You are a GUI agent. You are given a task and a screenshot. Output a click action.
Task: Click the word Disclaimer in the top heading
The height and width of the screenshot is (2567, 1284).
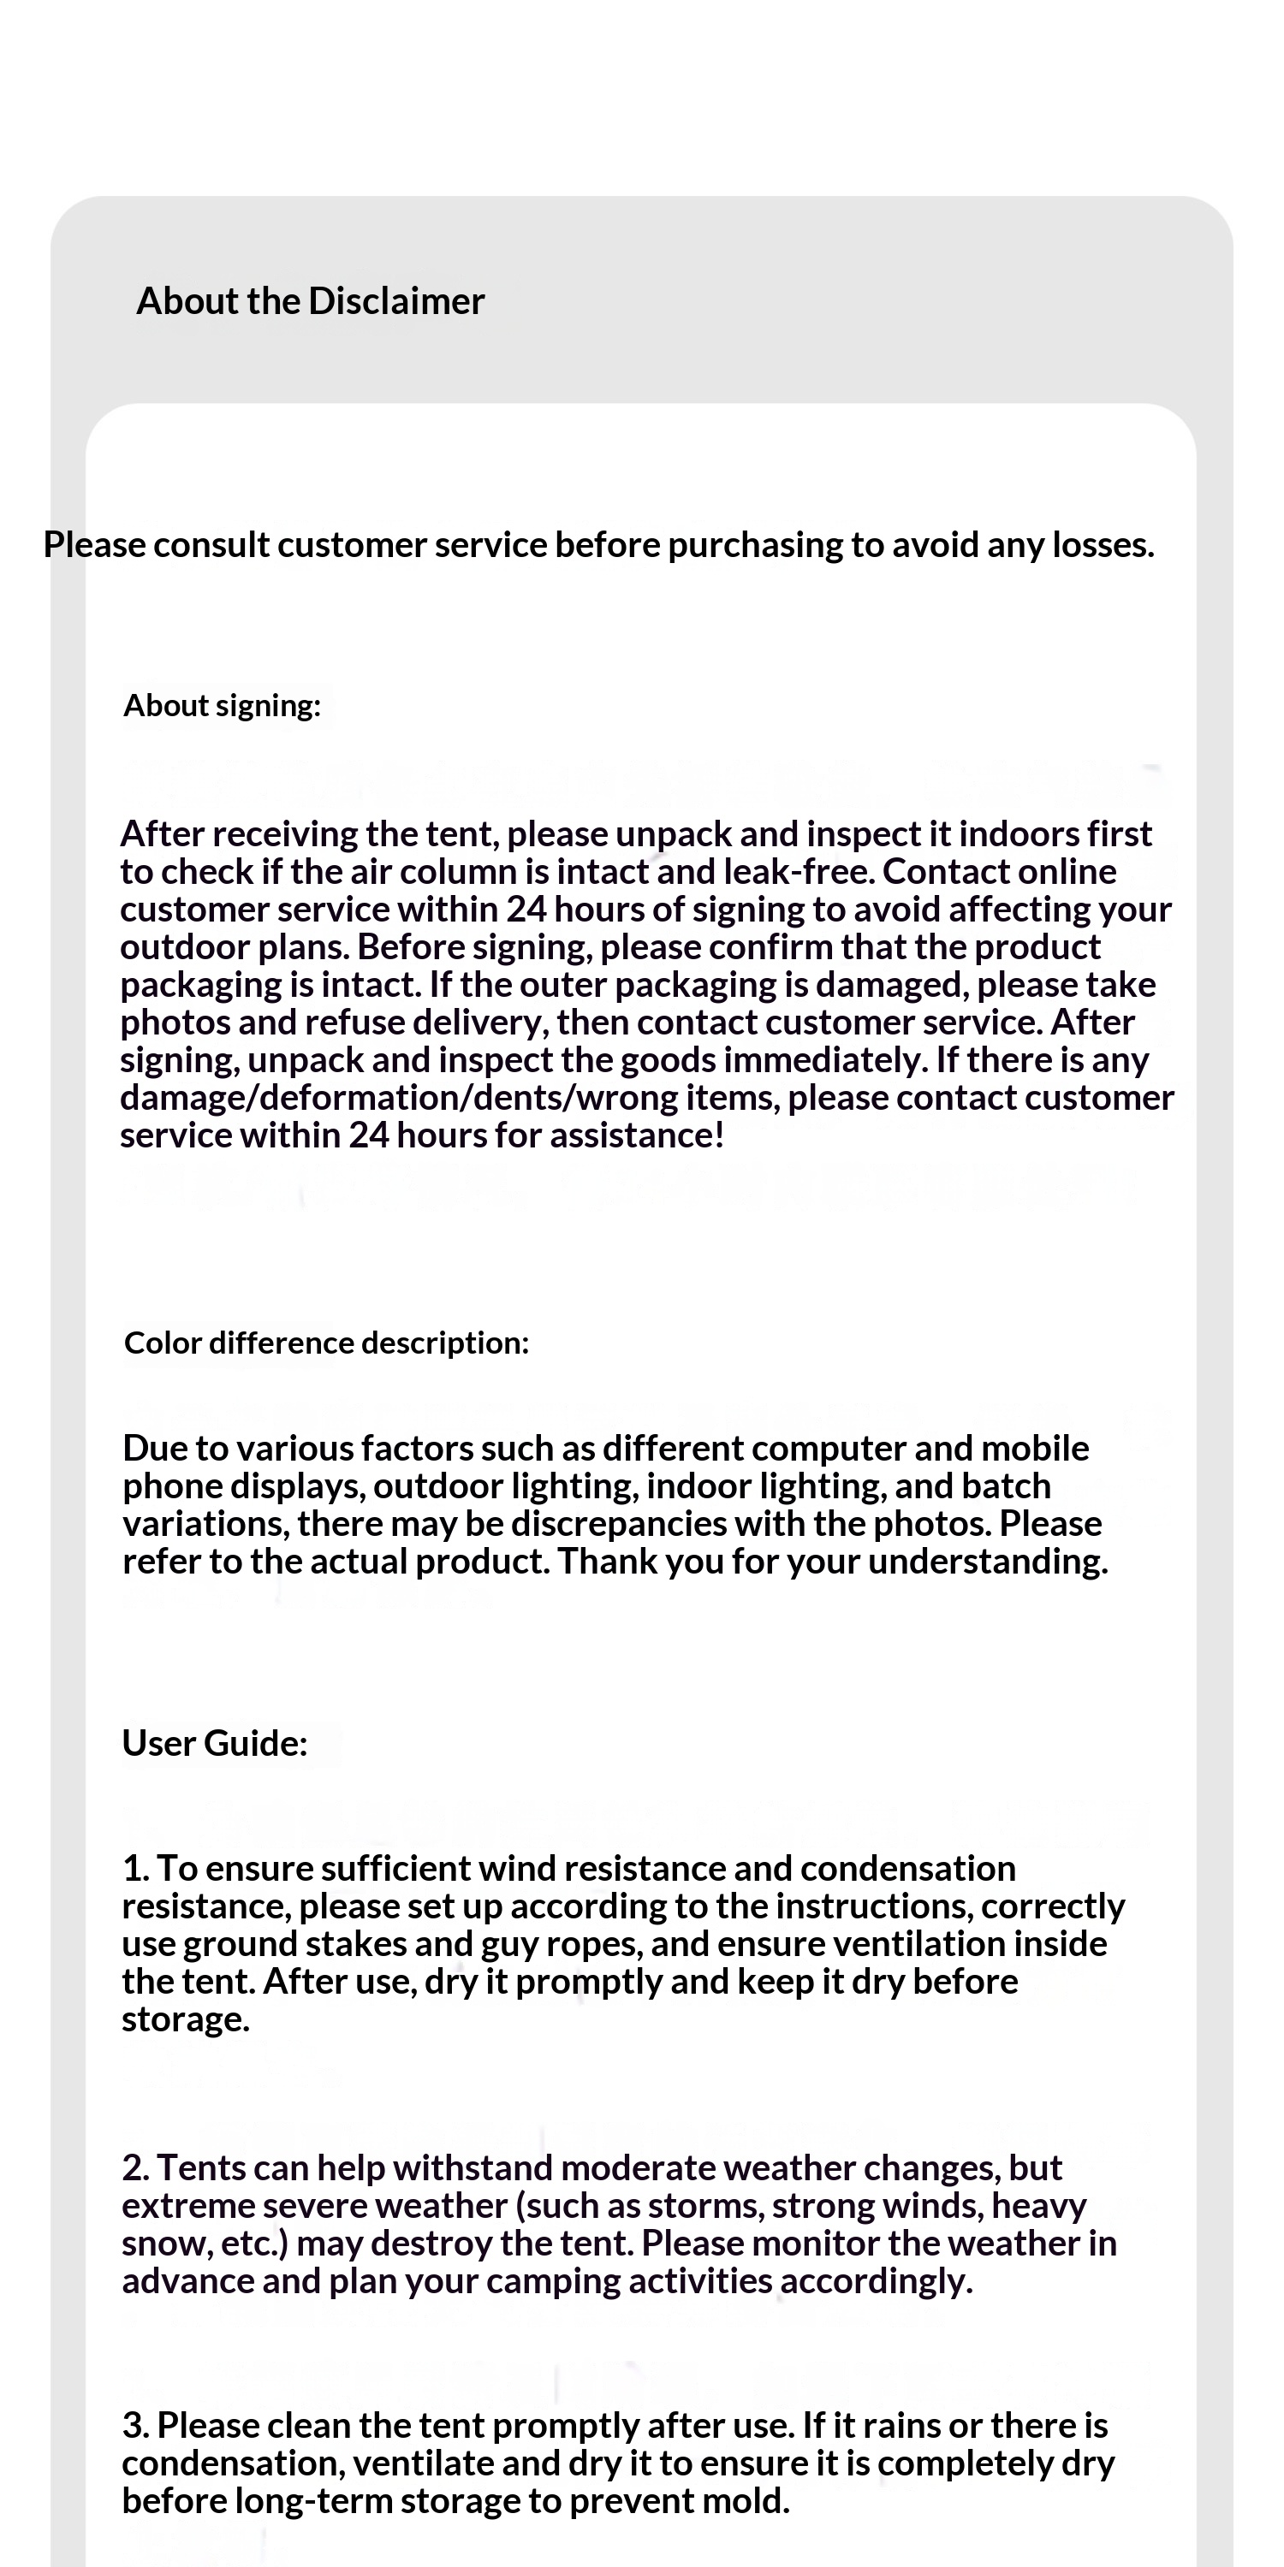pyautogui.click(x=397, y=301)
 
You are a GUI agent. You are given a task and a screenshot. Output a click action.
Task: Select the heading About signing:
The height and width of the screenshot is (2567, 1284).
pyautogui.click(x=223, y=706)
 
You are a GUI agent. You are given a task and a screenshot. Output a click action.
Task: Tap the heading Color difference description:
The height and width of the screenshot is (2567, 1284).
pyautogui.click(x=326, y=1343)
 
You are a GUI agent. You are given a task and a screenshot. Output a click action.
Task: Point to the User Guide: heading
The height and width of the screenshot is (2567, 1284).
pyautogui.click(x=214, y=1743)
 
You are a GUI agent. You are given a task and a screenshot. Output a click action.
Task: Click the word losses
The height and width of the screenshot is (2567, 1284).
pyautogui.click(x=1103, y=545)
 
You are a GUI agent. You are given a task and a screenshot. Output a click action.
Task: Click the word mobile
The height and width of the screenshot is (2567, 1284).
pyautogui.click(x=1035, y=1448)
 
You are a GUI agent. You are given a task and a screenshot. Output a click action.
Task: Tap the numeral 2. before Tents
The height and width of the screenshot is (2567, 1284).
pyautogui.click(x=137, y=2168)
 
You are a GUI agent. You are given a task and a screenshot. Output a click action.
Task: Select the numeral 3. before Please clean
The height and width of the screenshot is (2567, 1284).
pyautogui.click(x=137, y=2426)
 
